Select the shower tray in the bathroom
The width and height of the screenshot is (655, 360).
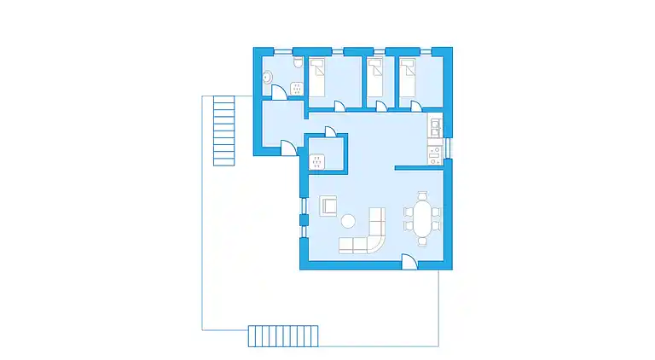(x=297, y=87)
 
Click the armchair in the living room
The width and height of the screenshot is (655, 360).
(x=328, y=205)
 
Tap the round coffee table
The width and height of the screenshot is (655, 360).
(x=348, y=222)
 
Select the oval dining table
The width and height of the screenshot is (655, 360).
(x=422, y=219)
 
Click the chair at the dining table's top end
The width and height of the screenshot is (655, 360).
(x=422, y=196)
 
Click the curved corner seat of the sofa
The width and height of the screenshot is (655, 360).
(x=376, y=243)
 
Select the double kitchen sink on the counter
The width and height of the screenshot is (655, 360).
(x=434, y=128)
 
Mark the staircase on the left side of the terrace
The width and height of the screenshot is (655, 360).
(x=223, y=131)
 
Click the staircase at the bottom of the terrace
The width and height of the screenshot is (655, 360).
(x=283, y=335)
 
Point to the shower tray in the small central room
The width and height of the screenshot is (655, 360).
(x=317, y=160)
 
